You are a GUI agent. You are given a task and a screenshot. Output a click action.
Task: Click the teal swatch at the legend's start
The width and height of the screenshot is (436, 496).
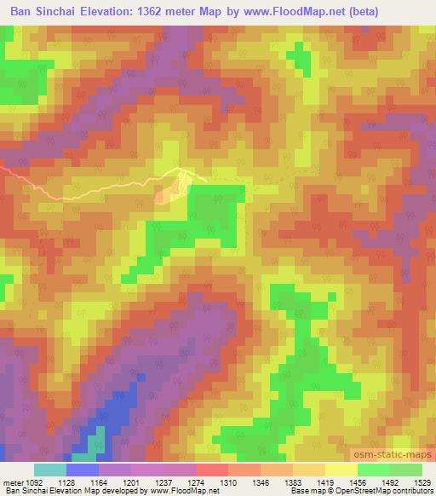click(x=50, y=470)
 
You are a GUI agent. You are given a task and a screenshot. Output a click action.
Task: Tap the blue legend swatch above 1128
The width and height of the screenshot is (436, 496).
click(x=83, y=470)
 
